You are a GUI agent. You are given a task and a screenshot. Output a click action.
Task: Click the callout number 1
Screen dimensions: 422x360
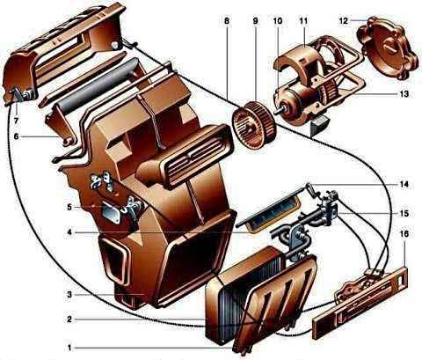pos(69,349)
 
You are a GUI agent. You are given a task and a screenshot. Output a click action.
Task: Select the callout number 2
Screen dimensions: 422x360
pos(69,319)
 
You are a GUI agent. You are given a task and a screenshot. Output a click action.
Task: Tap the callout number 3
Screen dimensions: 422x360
pos(69,294)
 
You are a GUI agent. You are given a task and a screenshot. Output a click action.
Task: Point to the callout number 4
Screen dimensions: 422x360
pos(69,232)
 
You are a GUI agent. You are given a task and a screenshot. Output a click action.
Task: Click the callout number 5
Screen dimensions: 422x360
pos(69,207)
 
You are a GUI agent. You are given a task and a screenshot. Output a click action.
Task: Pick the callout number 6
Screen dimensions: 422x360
pos(16,136)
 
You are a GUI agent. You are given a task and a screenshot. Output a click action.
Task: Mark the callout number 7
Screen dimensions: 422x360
pos(16,121)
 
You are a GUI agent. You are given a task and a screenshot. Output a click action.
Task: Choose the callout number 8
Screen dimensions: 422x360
pos(226,21)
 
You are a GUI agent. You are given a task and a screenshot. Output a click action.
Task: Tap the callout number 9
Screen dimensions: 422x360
pos(255,21)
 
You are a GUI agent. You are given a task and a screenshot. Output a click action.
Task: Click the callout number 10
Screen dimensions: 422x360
pos(277,21)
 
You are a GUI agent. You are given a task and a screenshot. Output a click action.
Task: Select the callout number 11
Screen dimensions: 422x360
pos(303,21)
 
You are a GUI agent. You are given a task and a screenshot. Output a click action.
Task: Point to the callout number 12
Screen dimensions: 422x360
pos(344,20)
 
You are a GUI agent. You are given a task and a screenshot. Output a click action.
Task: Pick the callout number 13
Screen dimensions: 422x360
pos(404,94)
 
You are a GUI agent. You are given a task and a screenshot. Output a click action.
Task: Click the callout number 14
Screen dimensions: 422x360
pos(404,184)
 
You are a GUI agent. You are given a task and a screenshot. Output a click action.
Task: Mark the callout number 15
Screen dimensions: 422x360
pos(404,213)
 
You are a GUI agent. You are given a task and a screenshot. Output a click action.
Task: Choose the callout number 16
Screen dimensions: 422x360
pos(404,234)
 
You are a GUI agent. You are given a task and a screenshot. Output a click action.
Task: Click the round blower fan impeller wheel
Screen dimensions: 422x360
pos(253,125)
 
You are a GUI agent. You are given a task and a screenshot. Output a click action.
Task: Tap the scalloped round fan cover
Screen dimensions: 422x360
pos(388,48)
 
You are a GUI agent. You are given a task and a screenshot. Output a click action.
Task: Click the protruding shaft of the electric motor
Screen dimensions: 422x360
pos(280,113)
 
